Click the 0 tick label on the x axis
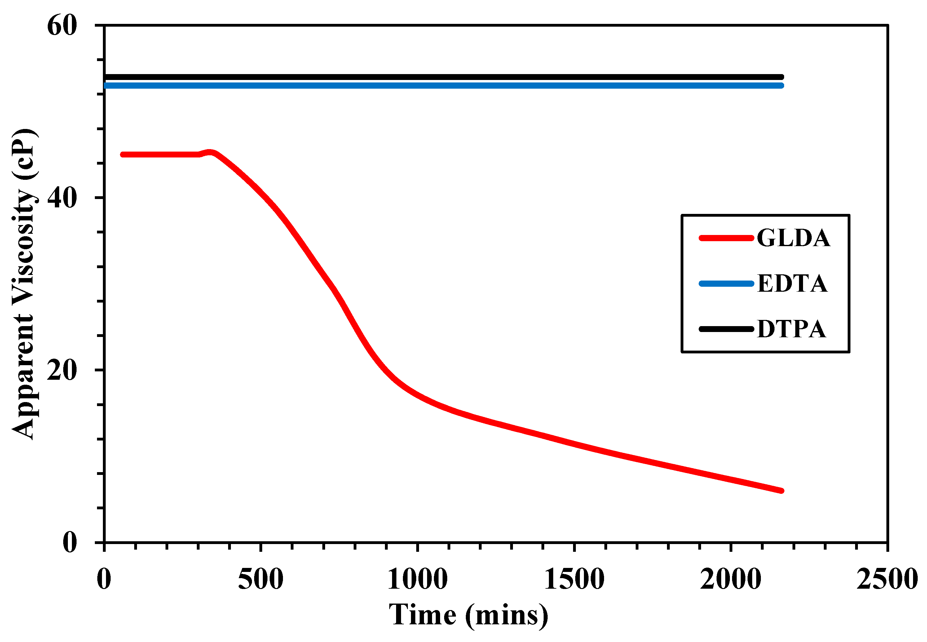click(x=104, y=579)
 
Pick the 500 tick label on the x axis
click(x=261, y=579)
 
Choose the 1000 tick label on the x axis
click(x=417, y=579)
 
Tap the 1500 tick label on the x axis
click(x=574, y=579)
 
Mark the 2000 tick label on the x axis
click(x=730, y=579)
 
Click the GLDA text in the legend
click(x=793, y=238)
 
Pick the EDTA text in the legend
click(x=792, y=284)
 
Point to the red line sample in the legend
click(x=726, y=238)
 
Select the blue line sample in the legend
click(x=726, y=284)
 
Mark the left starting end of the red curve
click(x=122, y=154)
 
